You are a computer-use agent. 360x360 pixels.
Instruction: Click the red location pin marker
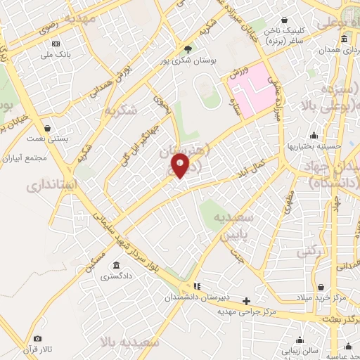(x=181, y=165)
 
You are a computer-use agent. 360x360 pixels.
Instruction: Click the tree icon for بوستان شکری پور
(x=187, y=49)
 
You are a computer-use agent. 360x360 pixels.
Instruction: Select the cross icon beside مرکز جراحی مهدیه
(x=245, y=300)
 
